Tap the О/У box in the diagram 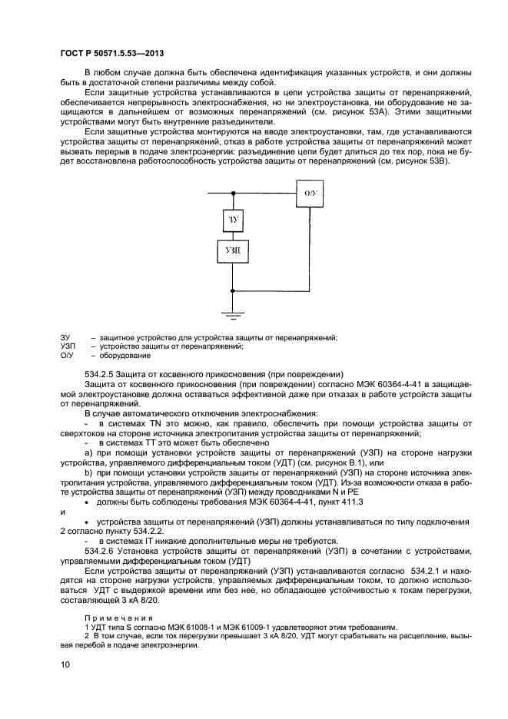[x=310, y=193]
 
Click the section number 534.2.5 [x=101, y=373]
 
